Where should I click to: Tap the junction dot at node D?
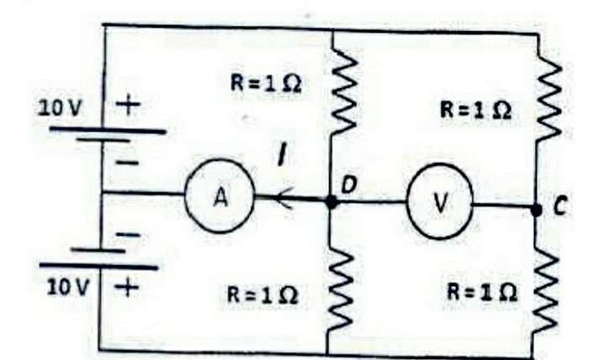(331, 202)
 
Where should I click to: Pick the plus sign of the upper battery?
(127, 105)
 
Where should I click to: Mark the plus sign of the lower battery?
(126, 289)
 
